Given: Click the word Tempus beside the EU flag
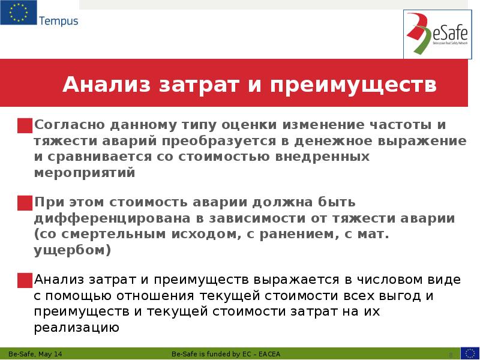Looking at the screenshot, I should [59, 21].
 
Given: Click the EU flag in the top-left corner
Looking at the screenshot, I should [18, 14].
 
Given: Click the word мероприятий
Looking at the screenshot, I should [85, 173].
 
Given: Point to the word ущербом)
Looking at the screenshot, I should [73, 250].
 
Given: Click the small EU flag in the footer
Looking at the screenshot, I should [470, 353].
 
